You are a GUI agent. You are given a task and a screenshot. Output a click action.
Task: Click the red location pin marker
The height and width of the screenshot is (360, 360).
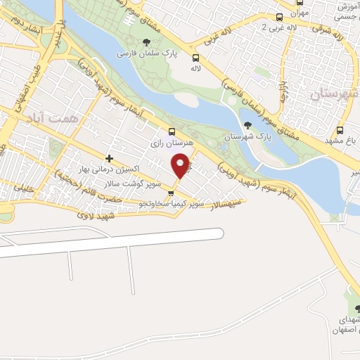(x=181, y=166)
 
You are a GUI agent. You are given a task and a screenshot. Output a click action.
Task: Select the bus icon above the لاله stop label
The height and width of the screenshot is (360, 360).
(x=195, y=58)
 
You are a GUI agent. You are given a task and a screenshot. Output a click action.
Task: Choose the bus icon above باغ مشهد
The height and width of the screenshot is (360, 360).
(x=340, y=130)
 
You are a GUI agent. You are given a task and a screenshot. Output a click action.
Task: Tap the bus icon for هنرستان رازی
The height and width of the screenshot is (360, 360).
(x=171, y=131)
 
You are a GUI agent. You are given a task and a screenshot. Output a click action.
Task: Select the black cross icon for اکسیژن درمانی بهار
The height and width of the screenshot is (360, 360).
(x=109, y=158)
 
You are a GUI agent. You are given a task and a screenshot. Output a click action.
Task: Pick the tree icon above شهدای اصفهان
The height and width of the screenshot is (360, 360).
(x=358, y=309)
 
